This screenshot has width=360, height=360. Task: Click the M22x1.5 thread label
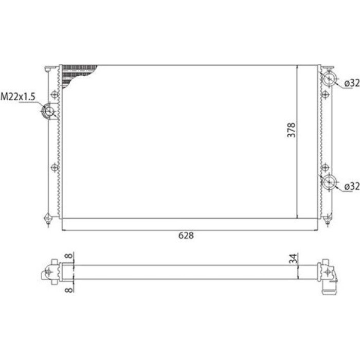click(18, 97)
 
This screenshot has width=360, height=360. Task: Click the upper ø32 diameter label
click(352, 83)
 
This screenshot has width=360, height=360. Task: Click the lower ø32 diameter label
click(352, 186)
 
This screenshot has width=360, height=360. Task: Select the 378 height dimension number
click(291, 130)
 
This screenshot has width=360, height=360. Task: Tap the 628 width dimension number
click(186, 236)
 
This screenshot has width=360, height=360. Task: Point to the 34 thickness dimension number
click(293, 259)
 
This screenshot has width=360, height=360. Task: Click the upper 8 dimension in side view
click(69, 256)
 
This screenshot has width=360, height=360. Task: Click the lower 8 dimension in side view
click(69, 290)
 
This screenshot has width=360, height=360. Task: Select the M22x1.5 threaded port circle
click(48, 111)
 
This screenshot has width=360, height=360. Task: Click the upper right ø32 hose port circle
click(329, 79)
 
